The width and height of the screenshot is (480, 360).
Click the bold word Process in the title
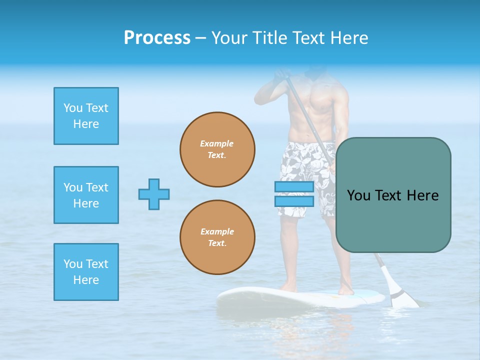(157, 38)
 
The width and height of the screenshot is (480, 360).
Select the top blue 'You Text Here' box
(86, 116)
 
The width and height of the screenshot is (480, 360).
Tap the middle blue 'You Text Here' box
(86, 195)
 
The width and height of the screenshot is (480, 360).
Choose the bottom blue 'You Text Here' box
(86, 272)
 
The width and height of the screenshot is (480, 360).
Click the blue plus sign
(154, 194)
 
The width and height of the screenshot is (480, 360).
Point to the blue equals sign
(294, 194)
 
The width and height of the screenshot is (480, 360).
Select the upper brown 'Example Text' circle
(217, 149)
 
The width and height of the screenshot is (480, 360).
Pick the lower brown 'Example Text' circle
(217, 237)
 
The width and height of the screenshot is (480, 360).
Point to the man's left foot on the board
(345, 290)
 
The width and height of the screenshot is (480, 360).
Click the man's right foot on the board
(288, 287)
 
